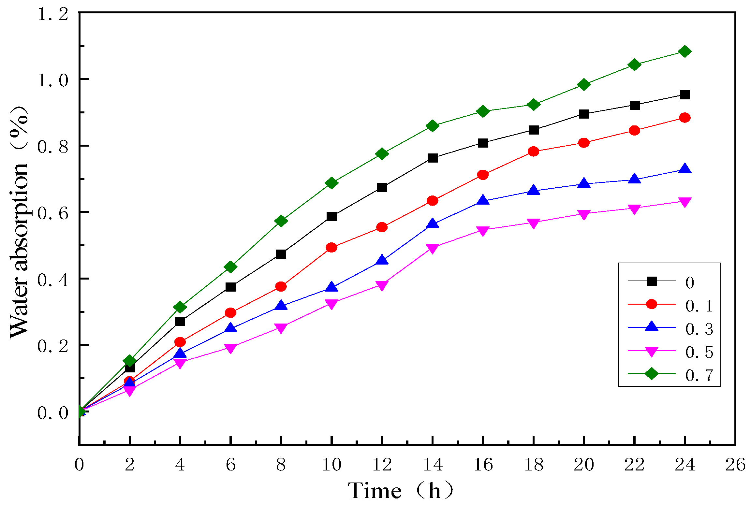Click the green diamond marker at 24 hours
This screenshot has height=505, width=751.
[685, 51]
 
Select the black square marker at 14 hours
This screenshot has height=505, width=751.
[432, 158]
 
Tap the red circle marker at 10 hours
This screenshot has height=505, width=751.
[331, 248]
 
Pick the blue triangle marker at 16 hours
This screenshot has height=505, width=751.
[483, 200]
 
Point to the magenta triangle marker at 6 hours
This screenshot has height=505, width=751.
[230, 348]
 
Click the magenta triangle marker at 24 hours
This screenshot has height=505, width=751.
[685, 202]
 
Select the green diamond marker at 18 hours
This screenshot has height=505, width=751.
[533, 105]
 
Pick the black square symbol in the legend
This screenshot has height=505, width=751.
[652, 281]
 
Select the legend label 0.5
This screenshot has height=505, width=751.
[699, 352]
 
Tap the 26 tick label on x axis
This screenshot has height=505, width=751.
[735, 465]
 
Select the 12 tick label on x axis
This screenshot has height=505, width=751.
[382, 465]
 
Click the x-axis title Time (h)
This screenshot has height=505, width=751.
[401, 491]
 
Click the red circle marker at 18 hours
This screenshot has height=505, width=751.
[533, 151]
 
